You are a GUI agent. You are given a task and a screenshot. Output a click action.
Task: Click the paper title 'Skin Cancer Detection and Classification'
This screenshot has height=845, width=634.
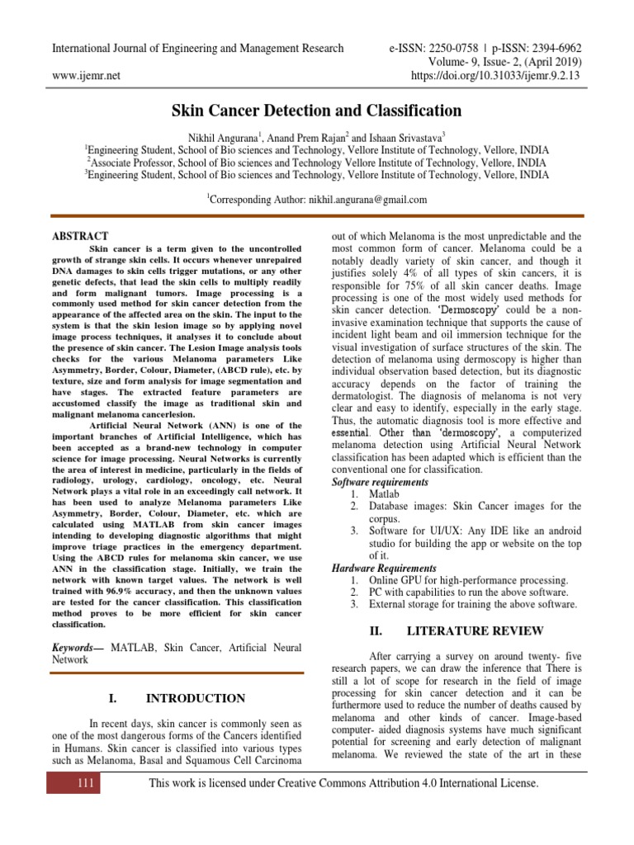click(x=316, y=111)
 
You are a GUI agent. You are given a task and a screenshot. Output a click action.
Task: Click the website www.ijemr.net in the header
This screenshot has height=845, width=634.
click(x=86, y=76)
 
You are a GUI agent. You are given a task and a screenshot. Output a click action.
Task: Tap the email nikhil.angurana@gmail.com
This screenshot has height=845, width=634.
click(x=355, y=200)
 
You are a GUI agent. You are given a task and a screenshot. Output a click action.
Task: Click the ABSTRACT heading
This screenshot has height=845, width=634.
click(x=80, y=237)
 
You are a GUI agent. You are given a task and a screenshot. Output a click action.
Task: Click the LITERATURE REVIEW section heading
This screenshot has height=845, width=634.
click(x=466, y=631)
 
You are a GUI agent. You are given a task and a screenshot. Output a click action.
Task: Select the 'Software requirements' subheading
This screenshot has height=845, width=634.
click(x=380, y=482)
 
